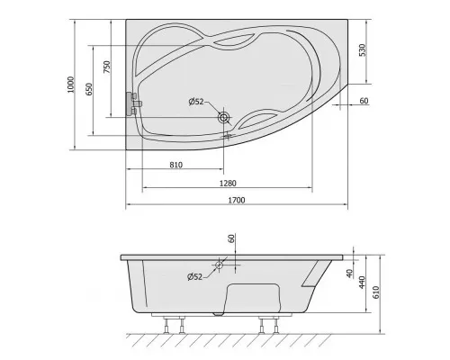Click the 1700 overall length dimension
click(237, 200)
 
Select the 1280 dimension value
click(228, 183)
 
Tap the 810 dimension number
click(175, 165)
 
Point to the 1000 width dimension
click(70, 85)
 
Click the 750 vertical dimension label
click(107, 67)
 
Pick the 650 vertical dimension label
click(89, 89)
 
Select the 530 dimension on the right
click(363, 50)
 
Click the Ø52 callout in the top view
click(196, 102)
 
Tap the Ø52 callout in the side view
click(195, 276)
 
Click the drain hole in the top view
click(223, 117)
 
